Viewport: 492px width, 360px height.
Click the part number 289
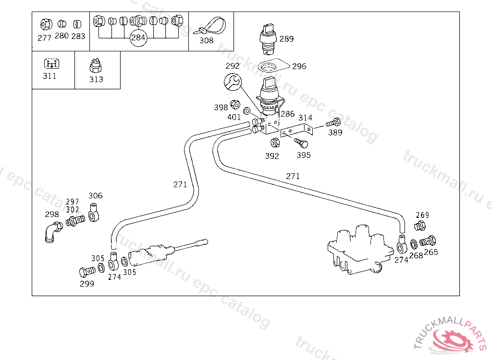tap(286, 39)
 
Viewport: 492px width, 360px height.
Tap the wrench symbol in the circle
tap(233, 82)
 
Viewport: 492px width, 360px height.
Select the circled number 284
tap(138, 37)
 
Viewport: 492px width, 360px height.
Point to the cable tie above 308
tap(210, 25)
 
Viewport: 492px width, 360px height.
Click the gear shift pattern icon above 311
tap(50, 63)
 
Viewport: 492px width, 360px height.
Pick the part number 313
tap(96, 79)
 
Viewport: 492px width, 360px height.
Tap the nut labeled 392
tap(275, 143)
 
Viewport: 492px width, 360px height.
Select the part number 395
tap(304, 155)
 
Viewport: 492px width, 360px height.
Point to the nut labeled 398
tap(235, 104)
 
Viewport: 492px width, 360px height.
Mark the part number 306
tap(96, 195)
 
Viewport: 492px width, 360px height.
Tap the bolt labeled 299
tap(86, 272)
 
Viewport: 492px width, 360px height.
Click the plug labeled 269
tap(420, 226)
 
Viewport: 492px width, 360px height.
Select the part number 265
tap(431, 252)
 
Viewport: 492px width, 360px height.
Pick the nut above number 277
tap(46, 23)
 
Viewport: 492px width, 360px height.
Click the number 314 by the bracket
tap(306, 118)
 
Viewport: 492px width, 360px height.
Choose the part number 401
tap(234, 117)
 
